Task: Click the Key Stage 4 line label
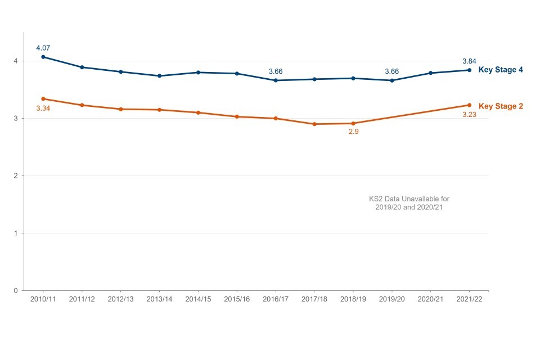501,70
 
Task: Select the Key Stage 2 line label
501,106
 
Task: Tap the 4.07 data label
43,48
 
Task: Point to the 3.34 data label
43,109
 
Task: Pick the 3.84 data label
469,61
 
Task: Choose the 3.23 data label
469,115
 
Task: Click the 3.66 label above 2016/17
276,71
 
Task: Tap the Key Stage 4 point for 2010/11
43,57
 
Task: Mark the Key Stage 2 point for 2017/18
314,124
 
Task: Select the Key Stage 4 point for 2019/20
392,80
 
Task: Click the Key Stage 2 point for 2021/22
469,105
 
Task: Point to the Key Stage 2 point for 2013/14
160,110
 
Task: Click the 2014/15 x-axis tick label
198,299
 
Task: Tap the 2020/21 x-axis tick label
430,299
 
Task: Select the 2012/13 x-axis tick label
121,299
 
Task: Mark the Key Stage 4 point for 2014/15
198,73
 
